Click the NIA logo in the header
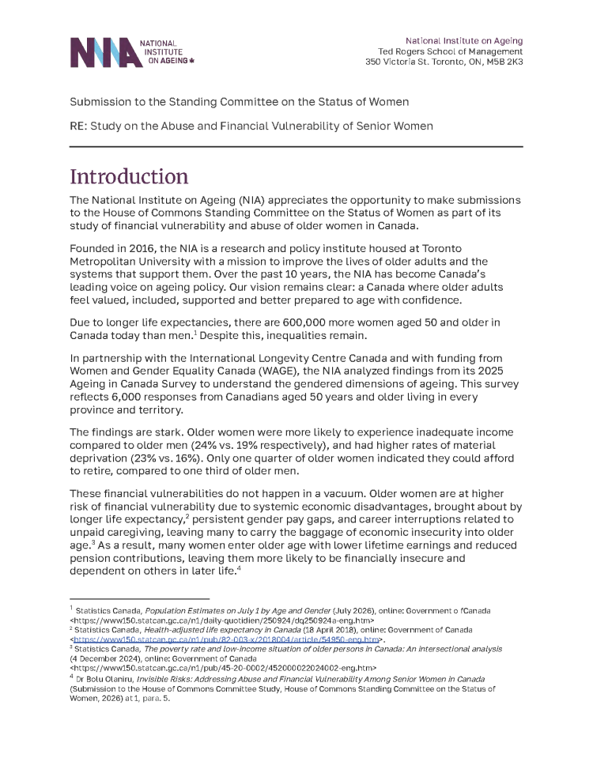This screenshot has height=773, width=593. pyautogui.click(x=131, y=52)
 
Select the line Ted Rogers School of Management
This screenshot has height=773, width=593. pyautogui.click(x=450, y=51)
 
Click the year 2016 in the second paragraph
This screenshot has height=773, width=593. pyautogui.click(x=142, y=248)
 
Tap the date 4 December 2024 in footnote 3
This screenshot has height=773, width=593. pyautogui.click(x=103, y=658)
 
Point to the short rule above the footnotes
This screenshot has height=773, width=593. pyautogui.click(x=139, y=599)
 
